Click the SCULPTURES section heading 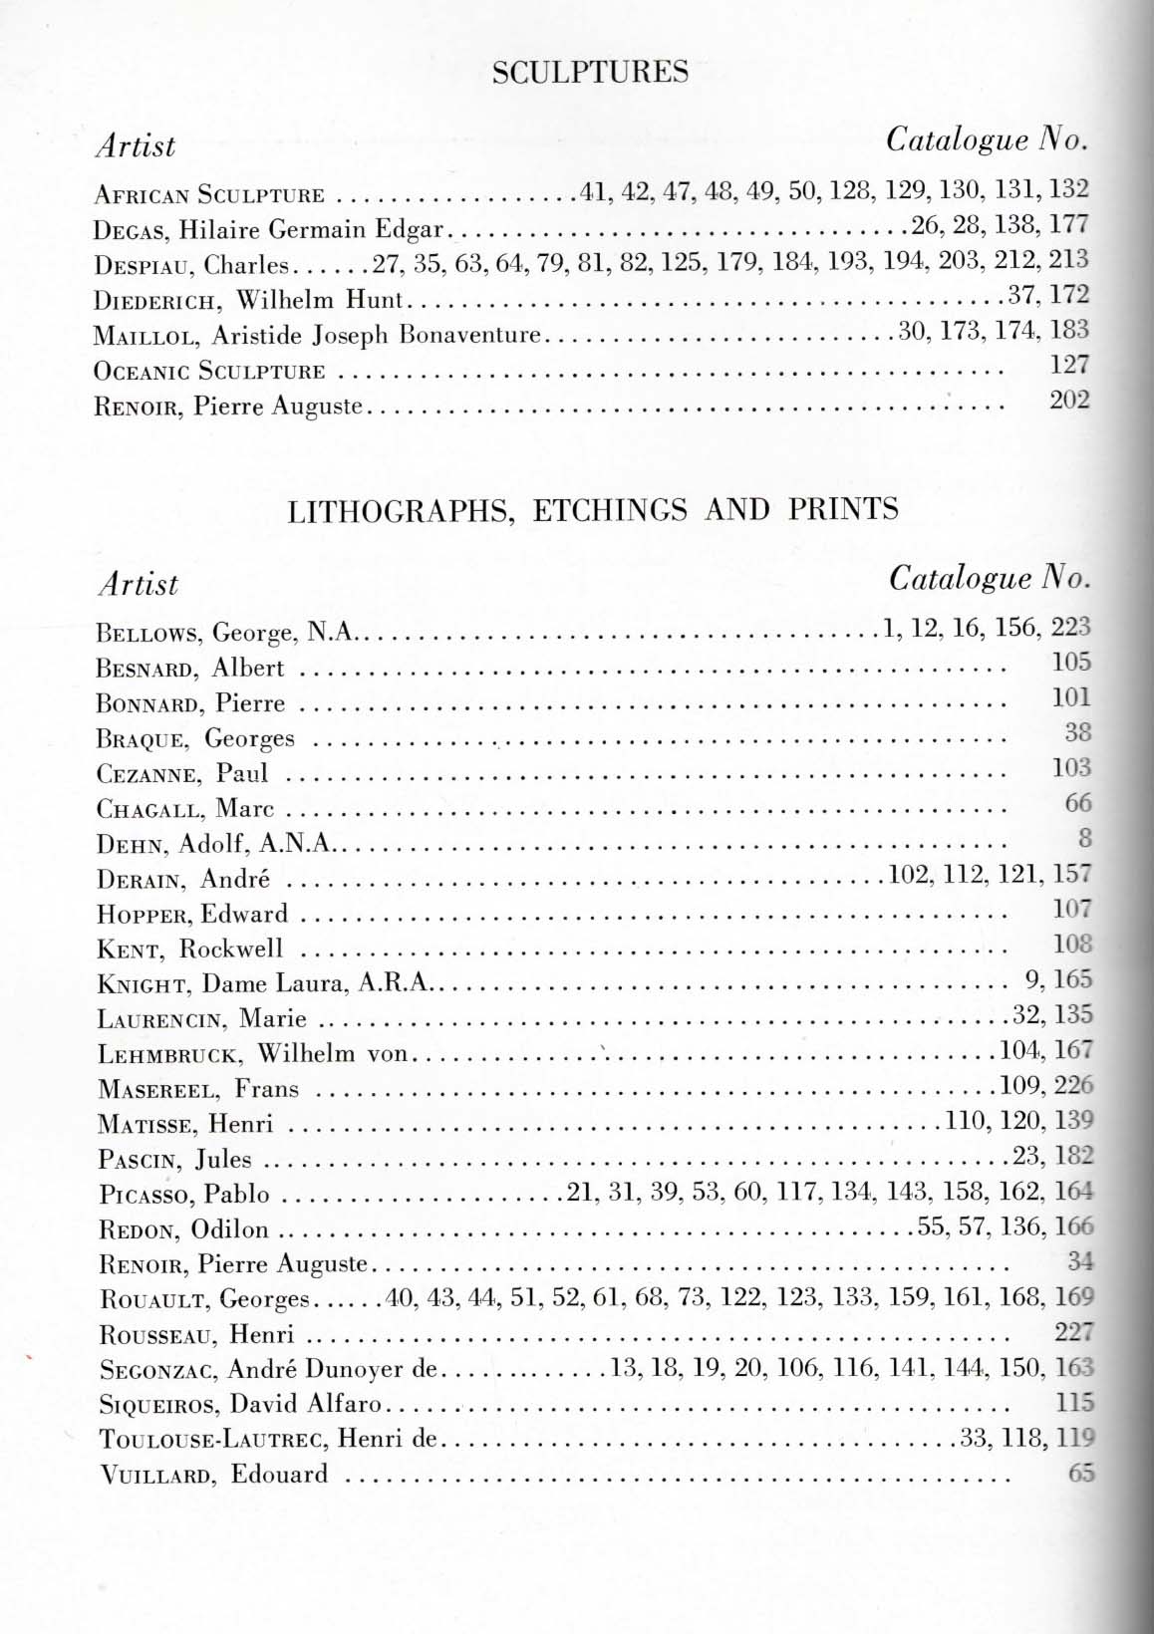pyautogui.click(x=590, y=72)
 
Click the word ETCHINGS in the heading pyautogui.click(x=610, y=510)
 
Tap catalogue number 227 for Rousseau pyautogui.click(x=1074, y=1332)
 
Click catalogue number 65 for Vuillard pyautogui.click(x=1080, y=1473)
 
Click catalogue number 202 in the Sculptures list pyautogui.click(x=1069, y=401)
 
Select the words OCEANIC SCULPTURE pyautogui.click(x=209, y=372)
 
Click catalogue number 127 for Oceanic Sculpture pyautogui.click(x=1069, y=365)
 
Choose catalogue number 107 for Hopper pyautogui.click(x=1072, y=909)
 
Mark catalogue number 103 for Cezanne pyautogui.click(x=1072, y=767)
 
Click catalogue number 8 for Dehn pyautogui.click(x=1085, y=838)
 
